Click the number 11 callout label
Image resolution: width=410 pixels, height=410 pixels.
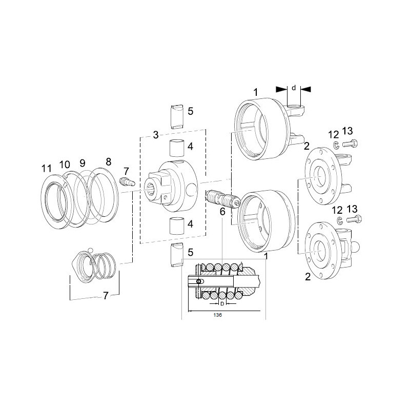[47, 169]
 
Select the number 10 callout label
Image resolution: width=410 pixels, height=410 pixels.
[65, 165]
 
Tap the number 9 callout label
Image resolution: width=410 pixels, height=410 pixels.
[83, 163]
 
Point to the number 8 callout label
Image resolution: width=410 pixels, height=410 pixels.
[108, 161]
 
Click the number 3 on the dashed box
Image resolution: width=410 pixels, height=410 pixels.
[156, 135]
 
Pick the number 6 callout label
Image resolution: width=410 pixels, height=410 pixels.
[222, 212]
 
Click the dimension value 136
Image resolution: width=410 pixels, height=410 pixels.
[217, 315]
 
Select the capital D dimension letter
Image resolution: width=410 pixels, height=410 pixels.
[222, 303]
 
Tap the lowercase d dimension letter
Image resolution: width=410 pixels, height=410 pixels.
[294, 88]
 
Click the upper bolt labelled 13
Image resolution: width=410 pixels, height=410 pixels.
[350, 143]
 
